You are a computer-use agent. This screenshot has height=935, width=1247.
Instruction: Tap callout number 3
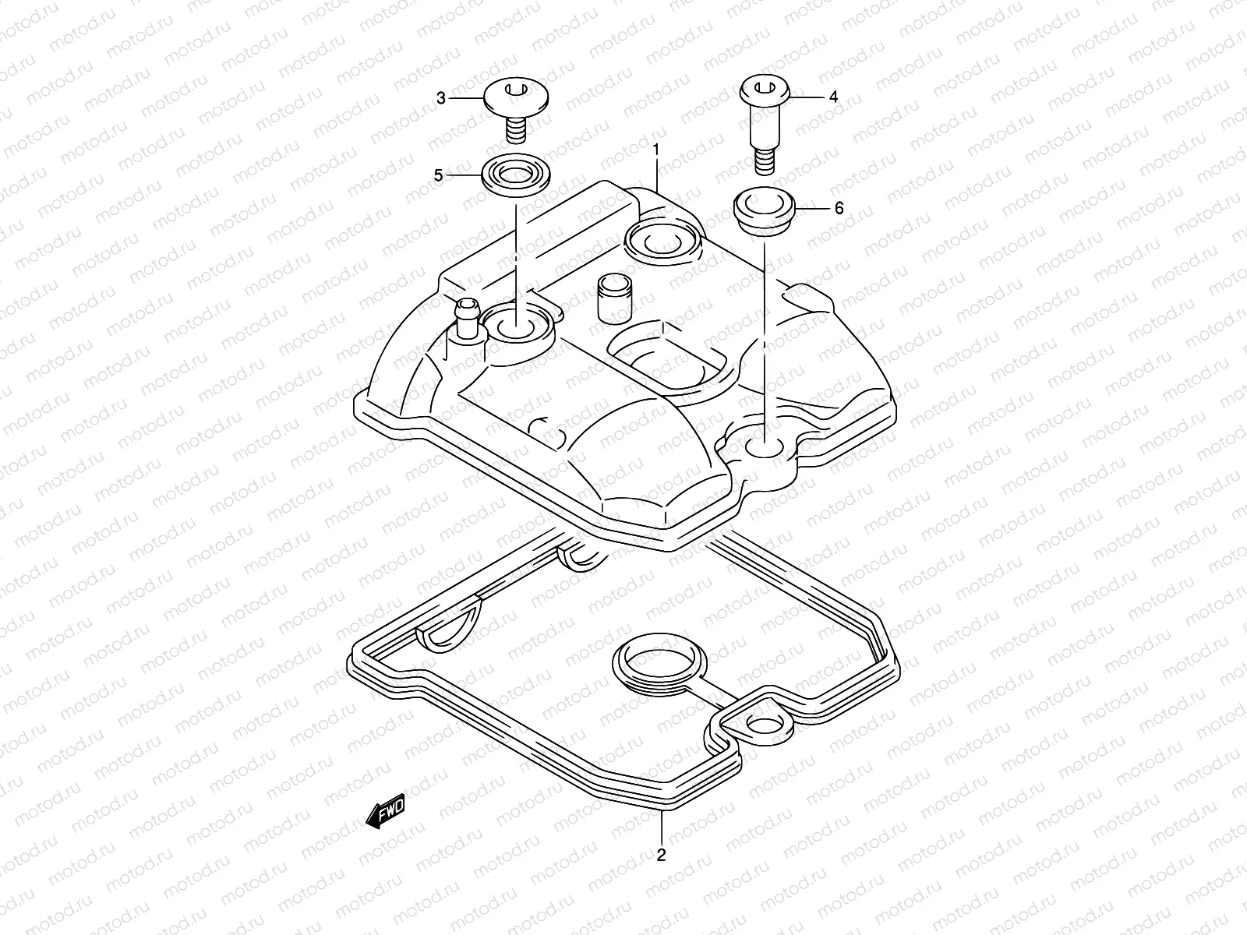coord(441,98)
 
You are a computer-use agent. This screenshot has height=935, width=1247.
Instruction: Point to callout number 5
coord(439,176)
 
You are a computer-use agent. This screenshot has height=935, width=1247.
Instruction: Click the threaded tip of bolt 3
coord(516,132)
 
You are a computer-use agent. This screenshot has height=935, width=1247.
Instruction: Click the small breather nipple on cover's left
coord(468,318)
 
